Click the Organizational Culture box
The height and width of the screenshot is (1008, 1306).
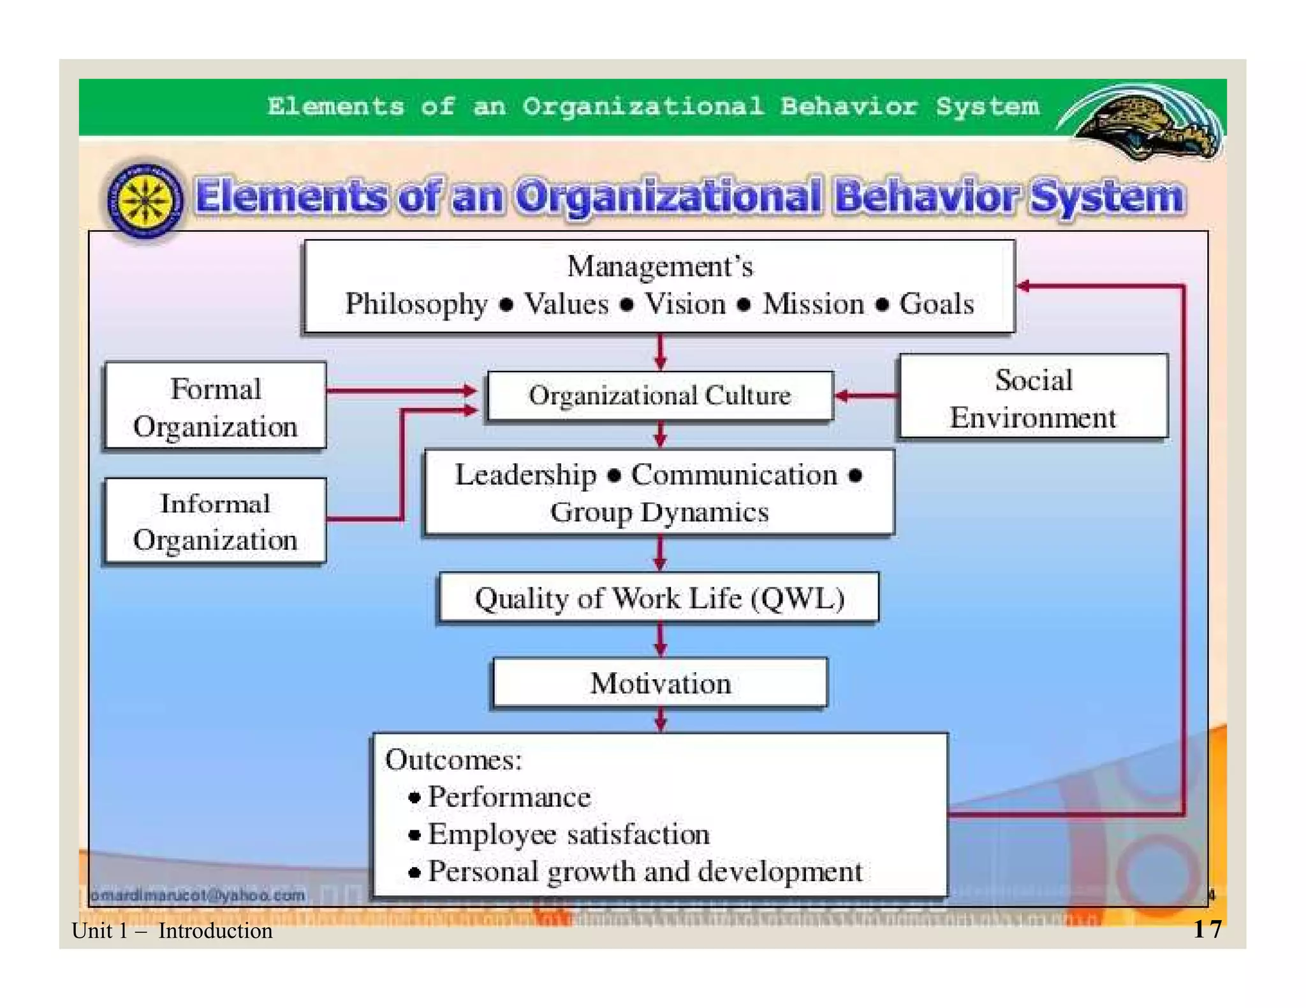pos(659,396)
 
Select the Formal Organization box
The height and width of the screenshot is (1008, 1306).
pos(216,407)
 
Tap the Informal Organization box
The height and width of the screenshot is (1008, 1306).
pos(216,521)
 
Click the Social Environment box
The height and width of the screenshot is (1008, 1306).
pos(1033,398)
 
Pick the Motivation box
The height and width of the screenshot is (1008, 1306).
pos(660,684)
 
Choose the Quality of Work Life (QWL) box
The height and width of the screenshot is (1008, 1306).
pos(659,598)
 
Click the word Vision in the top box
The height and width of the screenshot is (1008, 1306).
pos(686,304)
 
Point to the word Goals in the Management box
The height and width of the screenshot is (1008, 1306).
pos(936,304)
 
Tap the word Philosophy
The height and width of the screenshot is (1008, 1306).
pos(416,304)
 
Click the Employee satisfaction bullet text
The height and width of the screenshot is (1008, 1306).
pos(568,835)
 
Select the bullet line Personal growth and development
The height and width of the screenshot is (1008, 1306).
pos(644,872)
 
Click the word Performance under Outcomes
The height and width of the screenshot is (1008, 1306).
pos(509,797)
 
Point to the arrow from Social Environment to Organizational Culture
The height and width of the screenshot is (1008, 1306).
pos(866,396)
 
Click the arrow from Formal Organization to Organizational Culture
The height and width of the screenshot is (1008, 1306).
pos(402,390)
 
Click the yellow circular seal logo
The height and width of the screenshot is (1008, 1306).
pos(145,200)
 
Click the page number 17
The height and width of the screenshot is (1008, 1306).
pos(1207,929)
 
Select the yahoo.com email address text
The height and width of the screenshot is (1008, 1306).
pos(198,895)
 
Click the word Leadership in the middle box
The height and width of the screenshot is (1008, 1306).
pos(525,475)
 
